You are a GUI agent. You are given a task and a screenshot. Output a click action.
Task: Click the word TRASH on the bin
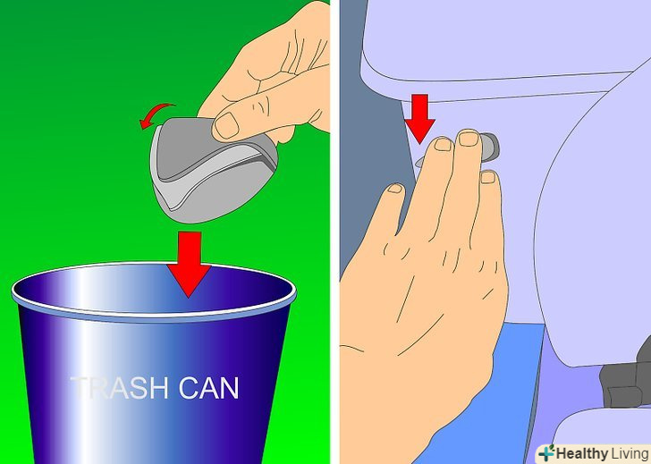pos(119,388)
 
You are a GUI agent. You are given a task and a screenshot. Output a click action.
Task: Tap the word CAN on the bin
pos(209,388)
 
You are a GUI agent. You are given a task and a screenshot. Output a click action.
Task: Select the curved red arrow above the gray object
pos(157,114)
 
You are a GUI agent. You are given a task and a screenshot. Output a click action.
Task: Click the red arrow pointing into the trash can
pos(189,265)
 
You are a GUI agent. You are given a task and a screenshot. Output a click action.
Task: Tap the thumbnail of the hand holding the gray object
pos(226,125)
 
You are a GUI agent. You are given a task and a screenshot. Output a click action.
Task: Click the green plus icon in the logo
pos(547,453)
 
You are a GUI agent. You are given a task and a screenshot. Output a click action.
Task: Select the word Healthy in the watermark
pos(581,453)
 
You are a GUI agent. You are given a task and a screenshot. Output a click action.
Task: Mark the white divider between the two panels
pos(334,232)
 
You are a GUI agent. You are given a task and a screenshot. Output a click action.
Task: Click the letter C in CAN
pos(189,388)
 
